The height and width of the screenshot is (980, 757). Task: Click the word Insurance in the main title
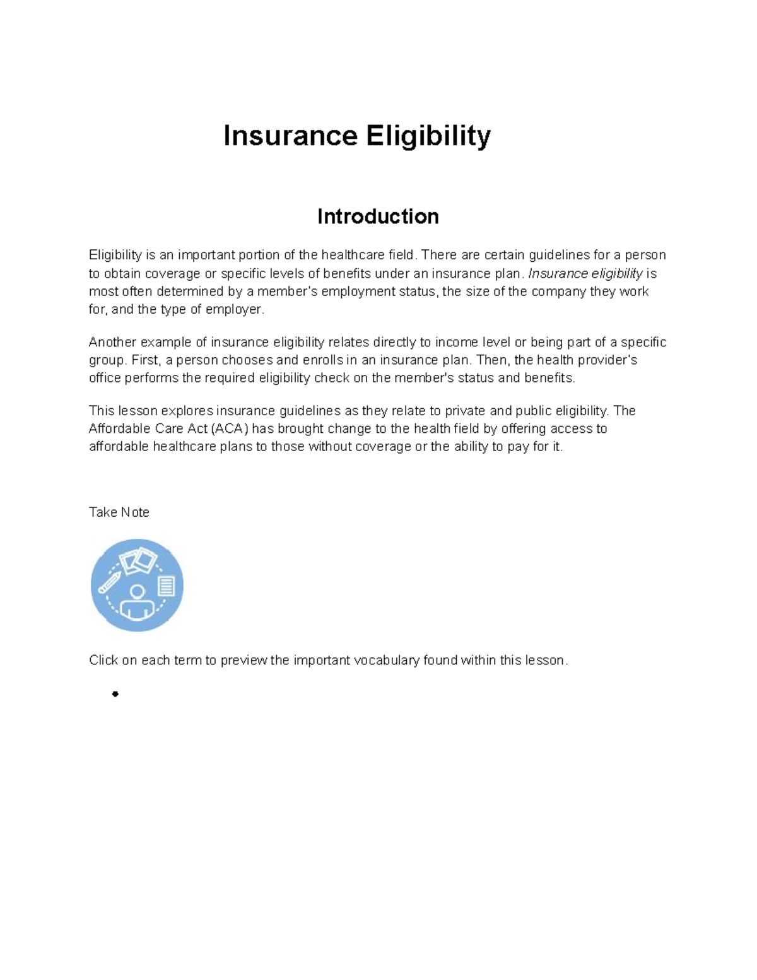coord(290,136)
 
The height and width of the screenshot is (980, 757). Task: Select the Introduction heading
coord(378,216)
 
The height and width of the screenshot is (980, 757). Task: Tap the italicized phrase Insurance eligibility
coord(585,273)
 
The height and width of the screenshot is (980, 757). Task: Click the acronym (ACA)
coord(229,428)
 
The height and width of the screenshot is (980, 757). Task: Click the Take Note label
coord(119,512)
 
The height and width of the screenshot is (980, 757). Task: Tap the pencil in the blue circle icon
coord(109,582)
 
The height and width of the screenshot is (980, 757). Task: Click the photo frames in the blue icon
coord(138,560)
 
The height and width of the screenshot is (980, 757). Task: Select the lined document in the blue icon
coord(166,586)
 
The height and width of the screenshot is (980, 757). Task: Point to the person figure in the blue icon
coord(137,603)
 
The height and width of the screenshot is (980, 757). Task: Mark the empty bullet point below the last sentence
coord(115,694)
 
